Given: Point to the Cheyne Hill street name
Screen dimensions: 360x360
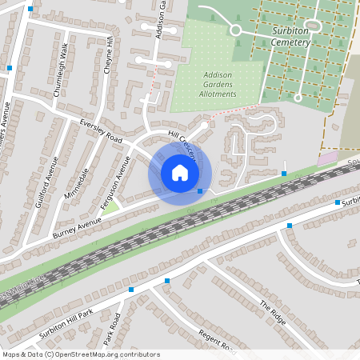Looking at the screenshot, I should click(x=110, y=56).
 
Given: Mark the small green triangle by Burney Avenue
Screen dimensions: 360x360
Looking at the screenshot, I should click(x=110, y=206).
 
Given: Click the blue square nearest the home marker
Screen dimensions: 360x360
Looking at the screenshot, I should click(x=200, y=190).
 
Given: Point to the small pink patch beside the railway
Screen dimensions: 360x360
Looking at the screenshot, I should click(x=326, y=159).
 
